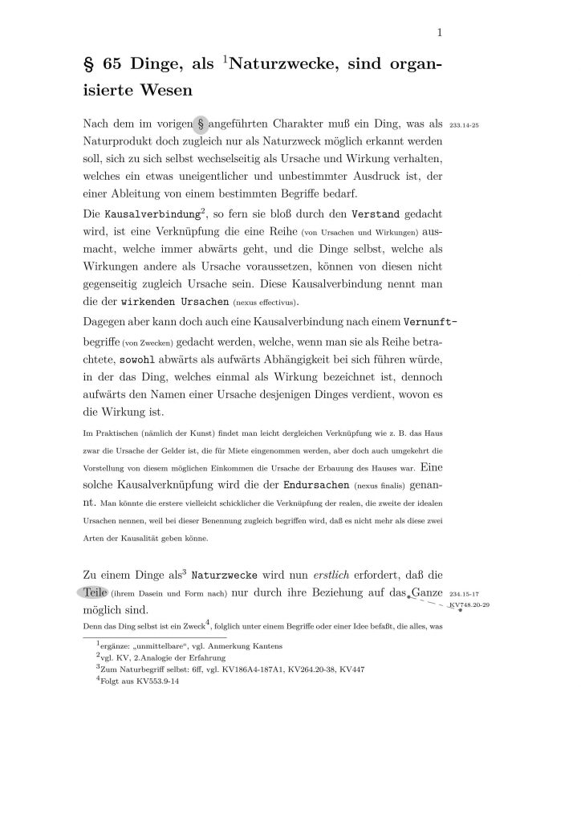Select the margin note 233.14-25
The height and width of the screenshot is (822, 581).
coord(465,127)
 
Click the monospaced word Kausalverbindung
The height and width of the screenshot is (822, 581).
coord(151,215)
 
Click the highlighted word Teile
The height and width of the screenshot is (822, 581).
coord(95,594)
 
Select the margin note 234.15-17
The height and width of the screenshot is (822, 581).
coord(465,595)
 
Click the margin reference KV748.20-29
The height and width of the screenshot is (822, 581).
coord(469,604)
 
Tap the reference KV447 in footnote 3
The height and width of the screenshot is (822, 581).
coord(330,667)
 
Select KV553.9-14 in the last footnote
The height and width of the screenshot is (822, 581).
coord(160,678)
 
